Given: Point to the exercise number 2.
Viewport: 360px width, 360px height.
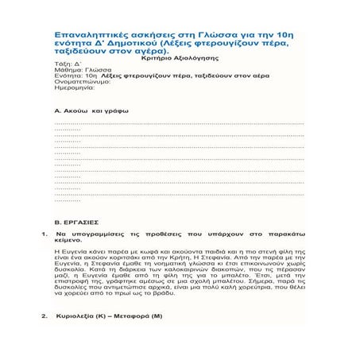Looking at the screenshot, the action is coord(42,316).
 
